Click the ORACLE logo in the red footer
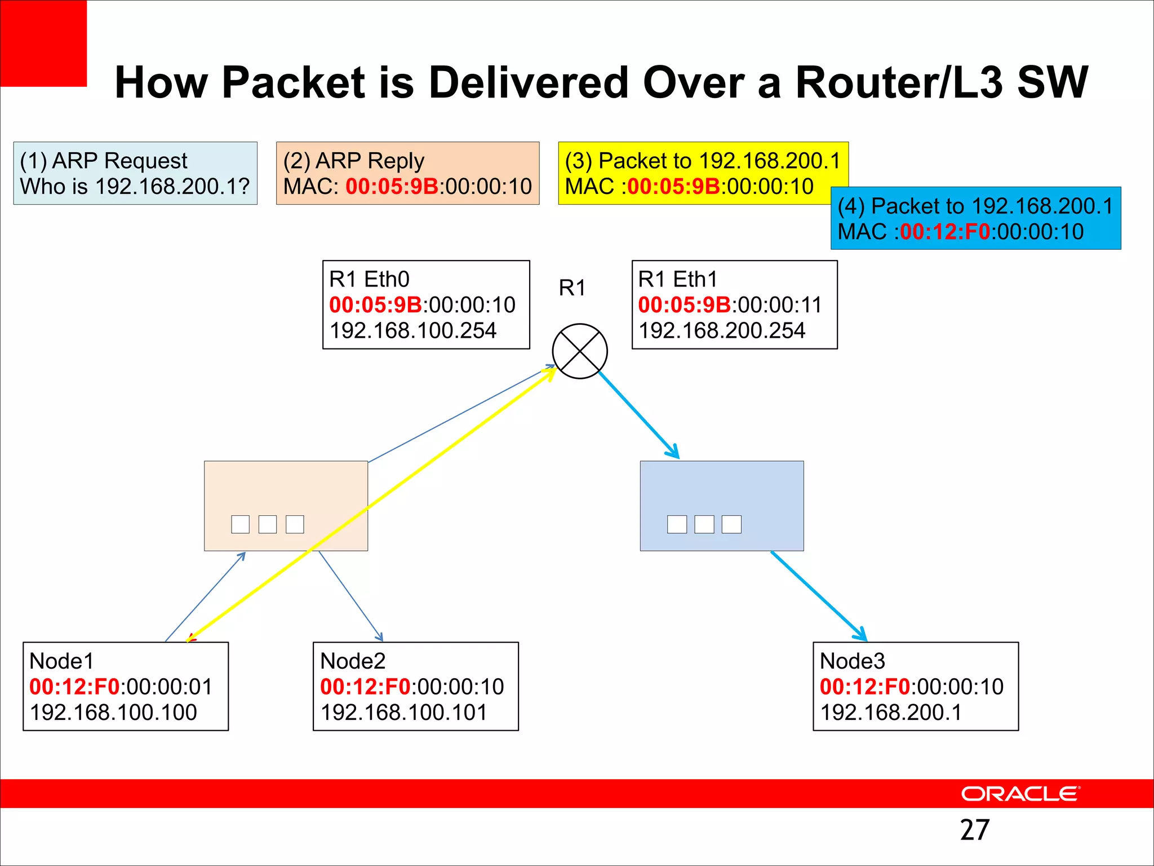pyautogui.click(x=1020, y=794)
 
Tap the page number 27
pyautogui.click(x=974, y=830)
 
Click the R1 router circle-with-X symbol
pyautogui.click(x=580, y=351)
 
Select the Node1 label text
pyautogui.click(x=61, y=661)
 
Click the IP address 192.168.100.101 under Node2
pyautogui.click(x=403, y=712)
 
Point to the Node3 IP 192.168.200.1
pyautogui.click(x=890, y=712)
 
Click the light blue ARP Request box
pyautogui.click(x=135, y=173)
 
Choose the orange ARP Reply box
pyautogui.click(x=407, y=173)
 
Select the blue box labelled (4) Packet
pyautogui.click(x=975, y=218)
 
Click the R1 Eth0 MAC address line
pyautogui.click(x=422, y=305)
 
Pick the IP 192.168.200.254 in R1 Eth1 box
pyautogui.click(x=722, y=330)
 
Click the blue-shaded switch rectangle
pyautogui.click(x=722, y=491)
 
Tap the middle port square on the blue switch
pyautogui.click(x=704, y=524)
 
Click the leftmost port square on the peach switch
pyautogui.click(x=240, y=524)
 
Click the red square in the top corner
pyautogui.click(x=43, y=43)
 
